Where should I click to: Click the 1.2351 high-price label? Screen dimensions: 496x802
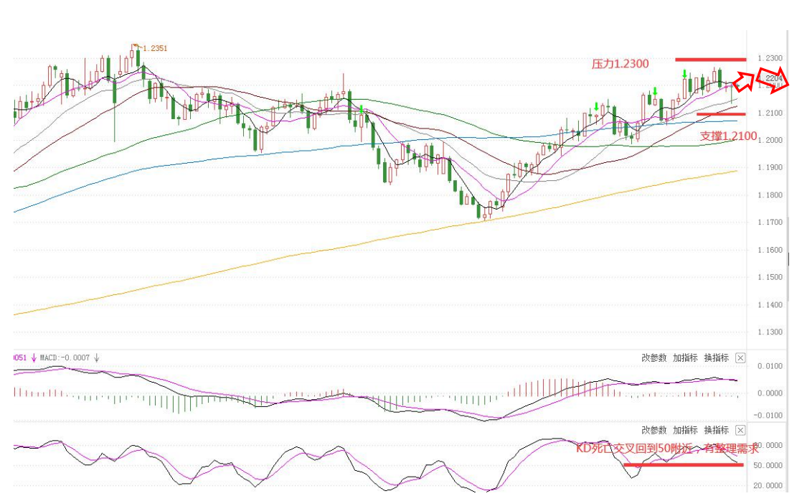click(155, 48)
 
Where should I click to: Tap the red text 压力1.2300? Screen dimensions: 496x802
click(620, 64)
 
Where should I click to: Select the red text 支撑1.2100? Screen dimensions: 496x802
click(728, 135)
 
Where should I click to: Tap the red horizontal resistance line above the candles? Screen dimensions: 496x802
click(710, 59)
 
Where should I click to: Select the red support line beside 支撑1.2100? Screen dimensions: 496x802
click(720, 113)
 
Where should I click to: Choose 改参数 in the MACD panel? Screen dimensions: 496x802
click(654, 357)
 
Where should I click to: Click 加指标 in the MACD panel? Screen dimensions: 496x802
click(685, 357)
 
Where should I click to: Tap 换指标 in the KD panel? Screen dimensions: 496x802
click(716, 430)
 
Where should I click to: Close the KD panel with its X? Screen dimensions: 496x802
click(741, 430)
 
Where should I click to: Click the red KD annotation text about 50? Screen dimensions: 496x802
click(667, 449)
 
